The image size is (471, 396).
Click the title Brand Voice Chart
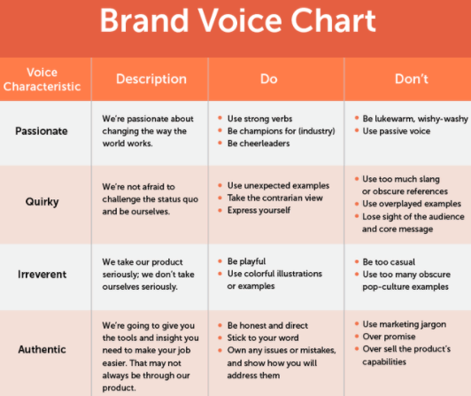tap(237, 20)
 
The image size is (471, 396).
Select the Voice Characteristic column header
tap(42, 80)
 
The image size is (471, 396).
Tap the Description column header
tap(151, 79)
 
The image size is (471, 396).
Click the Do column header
tap(269, 79)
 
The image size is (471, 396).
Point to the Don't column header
tap(412, 79)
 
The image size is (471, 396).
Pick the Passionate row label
tap(42, 131)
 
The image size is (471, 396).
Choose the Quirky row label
tap(42, 202)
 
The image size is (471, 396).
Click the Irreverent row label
tap(42, 275)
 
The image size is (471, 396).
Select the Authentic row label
tap(42, 349)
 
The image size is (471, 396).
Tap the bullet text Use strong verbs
tap(259, 119)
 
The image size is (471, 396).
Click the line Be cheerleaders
tap(259, 144)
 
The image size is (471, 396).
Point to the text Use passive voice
tap(397, 131)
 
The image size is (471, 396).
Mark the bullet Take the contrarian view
tap(275, 198)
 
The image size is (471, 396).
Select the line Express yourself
tap(259, 210)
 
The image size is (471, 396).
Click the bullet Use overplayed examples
tap(412, 204)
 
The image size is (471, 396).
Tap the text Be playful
tap(247, 261)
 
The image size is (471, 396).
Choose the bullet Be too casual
tap(389, 262)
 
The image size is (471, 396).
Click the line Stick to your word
tap(263, 338)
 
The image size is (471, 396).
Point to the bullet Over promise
tap(389, 337)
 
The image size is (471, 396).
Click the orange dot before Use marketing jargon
tap(357, 324)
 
